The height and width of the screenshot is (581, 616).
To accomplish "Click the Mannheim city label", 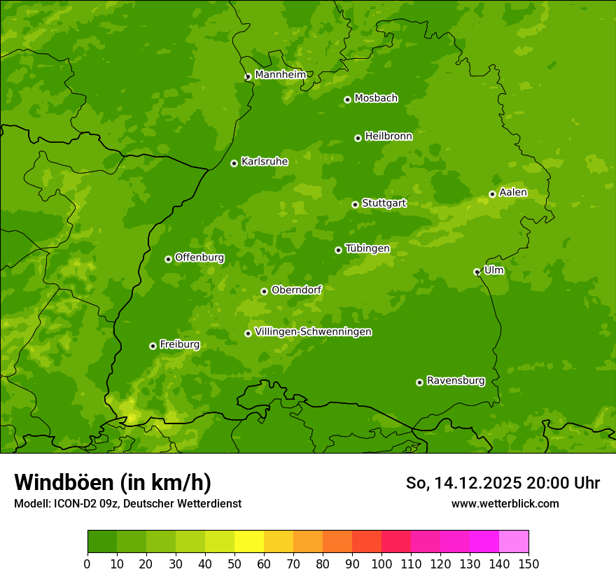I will (x=280, y=75).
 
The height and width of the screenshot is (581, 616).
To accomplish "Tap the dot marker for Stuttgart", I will (x=355, y=204).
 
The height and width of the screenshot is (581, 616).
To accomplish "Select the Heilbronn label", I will (x=388, y=136).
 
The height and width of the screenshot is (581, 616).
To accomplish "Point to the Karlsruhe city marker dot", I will (x=234, y=163).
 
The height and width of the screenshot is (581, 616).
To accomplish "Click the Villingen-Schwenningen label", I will (x=313, y=332).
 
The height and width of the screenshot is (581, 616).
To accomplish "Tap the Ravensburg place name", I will (x=455, y=381).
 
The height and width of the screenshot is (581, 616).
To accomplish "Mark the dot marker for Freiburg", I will (x=153, y=346).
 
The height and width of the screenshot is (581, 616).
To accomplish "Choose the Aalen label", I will (x=512, y=192).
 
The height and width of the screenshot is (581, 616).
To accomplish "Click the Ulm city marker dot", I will (x=477, y=272).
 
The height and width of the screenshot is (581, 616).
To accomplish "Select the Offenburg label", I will (x=199, y=258).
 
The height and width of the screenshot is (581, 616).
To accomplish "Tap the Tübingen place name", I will (x=367, y=248).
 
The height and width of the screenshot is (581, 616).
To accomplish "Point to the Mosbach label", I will (x=375, y=99).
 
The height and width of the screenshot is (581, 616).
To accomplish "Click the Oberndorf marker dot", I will (x=264, y=291).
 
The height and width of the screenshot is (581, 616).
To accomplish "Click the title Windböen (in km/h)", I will (x=112, y=482).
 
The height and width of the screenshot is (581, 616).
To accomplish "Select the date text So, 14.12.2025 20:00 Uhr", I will (x=503, y=483).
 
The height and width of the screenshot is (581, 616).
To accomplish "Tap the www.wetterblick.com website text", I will (x=505, y=503).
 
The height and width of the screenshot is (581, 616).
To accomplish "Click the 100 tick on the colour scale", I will (x=381, y=563).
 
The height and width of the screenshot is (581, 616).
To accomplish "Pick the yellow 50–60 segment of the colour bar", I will (x=249, y=542).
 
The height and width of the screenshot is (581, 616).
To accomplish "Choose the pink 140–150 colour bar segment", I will (x=514, y=542).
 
